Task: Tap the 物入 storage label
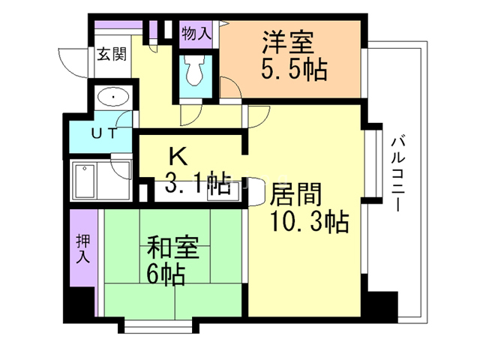pyautogui.click(x=197, y=33)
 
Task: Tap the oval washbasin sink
pyautogui.click(x=113, y=97)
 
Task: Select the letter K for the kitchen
pyautogui.click(x=177, y=156)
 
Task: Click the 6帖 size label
pyautogui.click(x=166, y=274)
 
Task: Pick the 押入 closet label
pyautogui.click(x=82, y=249)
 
